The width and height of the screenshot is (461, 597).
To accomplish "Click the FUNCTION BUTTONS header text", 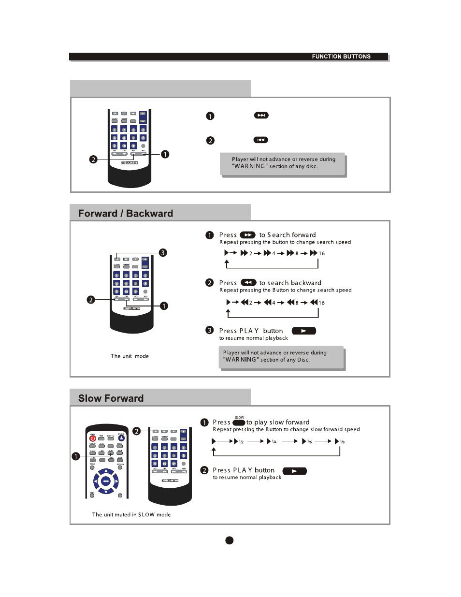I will click(x=341, y=57).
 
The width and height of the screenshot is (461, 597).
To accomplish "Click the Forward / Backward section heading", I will click(x=126, y=214).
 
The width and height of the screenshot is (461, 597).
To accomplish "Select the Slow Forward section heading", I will click(x=111, y=398).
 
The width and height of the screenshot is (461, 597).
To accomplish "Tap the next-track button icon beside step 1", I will click(x=261, y=116).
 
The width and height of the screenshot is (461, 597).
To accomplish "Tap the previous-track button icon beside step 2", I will click(x=260, y=140).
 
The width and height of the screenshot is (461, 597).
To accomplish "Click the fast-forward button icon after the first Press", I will click(x=247, y=235).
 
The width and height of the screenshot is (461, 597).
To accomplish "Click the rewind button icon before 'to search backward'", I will click(x=248, y=282).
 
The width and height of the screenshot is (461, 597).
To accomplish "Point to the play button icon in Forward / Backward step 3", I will click(x=303, y=331).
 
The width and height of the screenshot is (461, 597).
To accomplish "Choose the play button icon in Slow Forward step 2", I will click(x=294, y=471).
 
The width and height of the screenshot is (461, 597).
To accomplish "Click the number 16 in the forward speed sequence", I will click(x=322, y=253).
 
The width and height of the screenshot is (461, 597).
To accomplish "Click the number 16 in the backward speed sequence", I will click(x=322, y=303).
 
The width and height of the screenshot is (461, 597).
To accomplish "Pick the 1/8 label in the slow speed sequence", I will click(x=342, y=442).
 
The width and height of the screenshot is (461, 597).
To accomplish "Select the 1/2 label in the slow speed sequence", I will click(x=241, y=442).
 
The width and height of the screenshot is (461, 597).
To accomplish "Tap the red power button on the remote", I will click(x=93, y=438).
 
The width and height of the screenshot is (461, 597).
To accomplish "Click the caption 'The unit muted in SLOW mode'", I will click(x=131, y=515).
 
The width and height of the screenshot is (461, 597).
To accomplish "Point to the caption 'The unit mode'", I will click(x=130, y=356).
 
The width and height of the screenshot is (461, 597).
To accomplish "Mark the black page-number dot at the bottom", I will click(x=230, y=540).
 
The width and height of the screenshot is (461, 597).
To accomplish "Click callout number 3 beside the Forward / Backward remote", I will click(x=163, y=253).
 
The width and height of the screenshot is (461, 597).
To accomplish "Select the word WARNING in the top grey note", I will click(x=250, y=166).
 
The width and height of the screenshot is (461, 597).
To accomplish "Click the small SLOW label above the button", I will click(x=239, y=417).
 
